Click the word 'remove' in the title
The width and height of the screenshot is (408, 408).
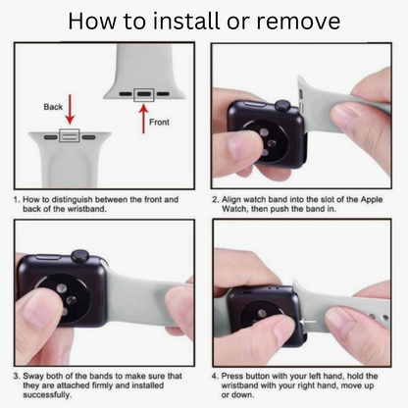pyautogui.click(x=298, y=22)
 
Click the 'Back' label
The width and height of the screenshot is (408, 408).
pyautogui.click(x=53, y=107)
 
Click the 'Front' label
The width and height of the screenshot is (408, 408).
pyautogui.click(x=159, y=123)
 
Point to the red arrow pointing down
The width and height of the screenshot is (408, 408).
pyautogui.click(x=70, y=109)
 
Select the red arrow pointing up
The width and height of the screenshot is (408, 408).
pyautogui.click(x=143, y=119)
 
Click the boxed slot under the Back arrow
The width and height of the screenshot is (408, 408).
pyautogui.click(x=69, y=135)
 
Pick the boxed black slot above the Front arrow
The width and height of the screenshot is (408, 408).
pyautogui.click(x=144, y=94)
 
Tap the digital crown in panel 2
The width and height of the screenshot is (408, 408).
pyautogui.click(x=283, y=106)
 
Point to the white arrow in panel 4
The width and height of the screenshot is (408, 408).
pyautogui.click(x=308, y=322)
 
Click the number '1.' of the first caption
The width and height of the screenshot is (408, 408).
pyautogui.click(x=17, y=199)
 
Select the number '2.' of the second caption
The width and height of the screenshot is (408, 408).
pyautogui.click(x=216, y=199)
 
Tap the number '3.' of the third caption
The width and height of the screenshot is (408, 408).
pyautogui.click(x=17, y=377)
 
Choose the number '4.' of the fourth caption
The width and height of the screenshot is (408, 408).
pyautogui.click(x=215, y=377)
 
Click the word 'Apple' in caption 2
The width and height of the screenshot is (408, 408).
pyautogui.click(x=372, y=200)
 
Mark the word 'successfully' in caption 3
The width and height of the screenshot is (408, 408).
pyautogui.click(x=47, y=395)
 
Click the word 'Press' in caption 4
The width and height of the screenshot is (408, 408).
pyautogui.click(x=232, y=376)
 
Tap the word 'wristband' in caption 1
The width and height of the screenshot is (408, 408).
pyautogui.click(x=86, y=209)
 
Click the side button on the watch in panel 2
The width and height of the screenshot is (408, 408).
pyautogui.click(x=254, y=104)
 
